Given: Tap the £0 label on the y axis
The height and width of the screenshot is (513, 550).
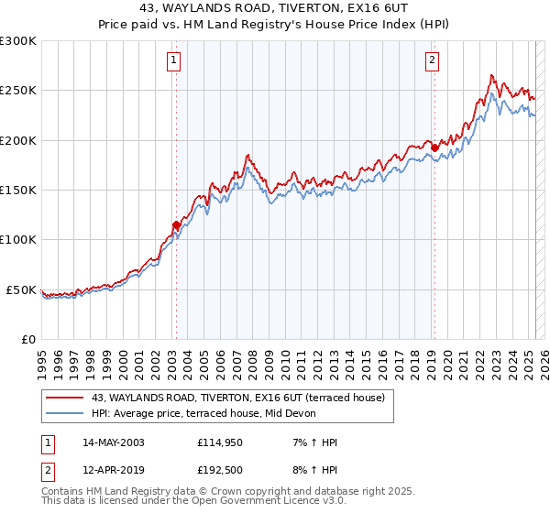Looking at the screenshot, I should tap(27, 339).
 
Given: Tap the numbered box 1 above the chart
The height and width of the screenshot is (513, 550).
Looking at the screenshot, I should tap(173, 61).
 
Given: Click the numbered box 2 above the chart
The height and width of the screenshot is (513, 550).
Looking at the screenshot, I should tap(432, 61).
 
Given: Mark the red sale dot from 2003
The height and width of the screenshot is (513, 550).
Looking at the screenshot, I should tap(176, 224).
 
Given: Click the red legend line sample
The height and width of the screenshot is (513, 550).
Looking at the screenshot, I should tap(65, 398).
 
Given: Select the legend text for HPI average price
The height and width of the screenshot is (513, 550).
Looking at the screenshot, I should tap(203, 413).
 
